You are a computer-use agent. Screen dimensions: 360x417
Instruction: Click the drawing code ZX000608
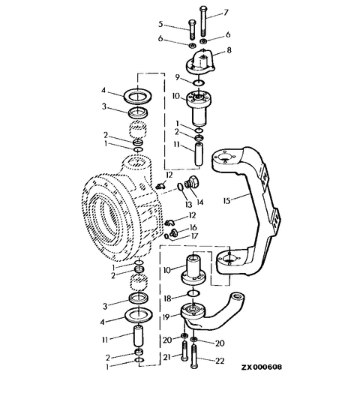pos(262,367)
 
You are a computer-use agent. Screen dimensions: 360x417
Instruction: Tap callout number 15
pos(226,200)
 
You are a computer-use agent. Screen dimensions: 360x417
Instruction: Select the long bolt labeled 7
pos(203,21)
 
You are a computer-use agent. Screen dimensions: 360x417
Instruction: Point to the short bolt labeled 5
pos(192,29)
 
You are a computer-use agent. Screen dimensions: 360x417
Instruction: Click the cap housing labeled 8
pos(200,62)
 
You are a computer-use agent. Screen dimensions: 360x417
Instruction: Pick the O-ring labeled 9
pos(199,83)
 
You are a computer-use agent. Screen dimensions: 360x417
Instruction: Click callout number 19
pos(166,316)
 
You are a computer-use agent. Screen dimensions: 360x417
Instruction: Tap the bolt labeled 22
pos(194,356)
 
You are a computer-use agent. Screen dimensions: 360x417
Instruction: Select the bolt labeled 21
pos(184,351)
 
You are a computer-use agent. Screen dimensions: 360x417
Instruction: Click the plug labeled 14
pos(191,184)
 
